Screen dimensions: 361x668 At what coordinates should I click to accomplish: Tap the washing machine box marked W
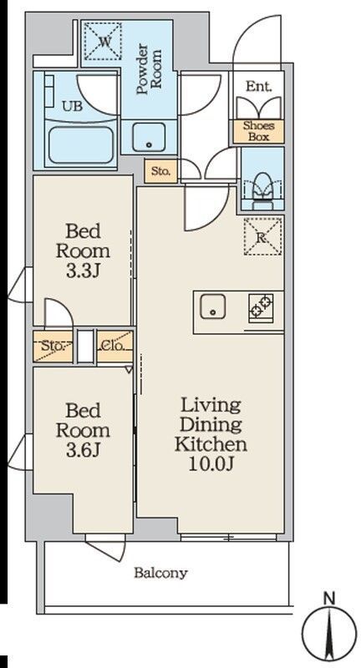pos(102,41)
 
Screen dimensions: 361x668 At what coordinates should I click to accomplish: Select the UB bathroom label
pos(73,106)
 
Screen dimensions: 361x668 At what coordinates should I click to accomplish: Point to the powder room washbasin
pos(149,137)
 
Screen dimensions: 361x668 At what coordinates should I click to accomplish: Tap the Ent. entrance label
pos(258,87)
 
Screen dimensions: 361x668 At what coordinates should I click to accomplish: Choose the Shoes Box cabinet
pos(258,131)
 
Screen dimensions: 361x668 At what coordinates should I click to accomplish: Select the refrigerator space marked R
pos(263,236)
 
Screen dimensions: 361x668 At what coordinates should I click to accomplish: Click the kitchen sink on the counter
pos(213,306)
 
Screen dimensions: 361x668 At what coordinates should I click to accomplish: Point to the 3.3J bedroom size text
pos(83,272)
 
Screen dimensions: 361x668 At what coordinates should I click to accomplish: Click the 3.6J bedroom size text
pos(83,450)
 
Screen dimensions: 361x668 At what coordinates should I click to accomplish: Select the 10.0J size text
pos(211,464)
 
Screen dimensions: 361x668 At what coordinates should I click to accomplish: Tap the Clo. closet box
pos(114,346)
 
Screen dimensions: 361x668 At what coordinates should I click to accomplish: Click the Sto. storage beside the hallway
pos(160,172)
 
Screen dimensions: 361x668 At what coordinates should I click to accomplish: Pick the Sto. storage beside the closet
pos(53,346)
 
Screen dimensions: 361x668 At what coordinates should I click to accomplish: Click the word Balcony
pos(160,573)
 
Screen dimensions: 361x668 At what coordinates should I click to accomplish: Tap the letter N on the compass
pos(328,599)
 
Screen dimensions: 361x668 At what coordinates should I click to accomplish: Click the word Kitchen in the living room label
pos(211,444)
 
